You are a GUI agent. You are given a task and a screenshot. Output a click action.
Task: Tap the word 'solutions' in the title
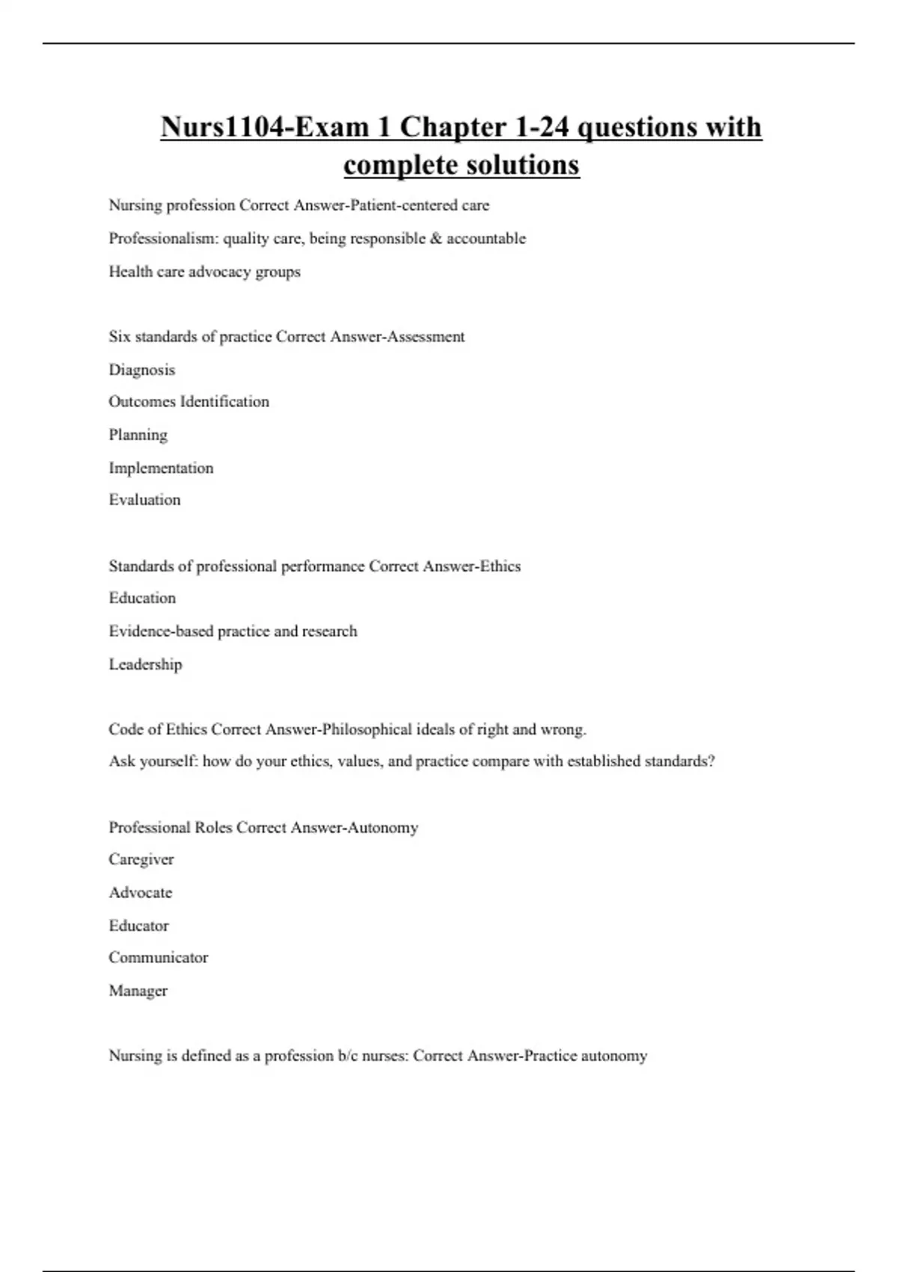click(525, 165)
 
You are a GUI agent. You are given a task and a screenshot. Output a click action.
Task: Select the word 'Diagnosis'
click(141, 370)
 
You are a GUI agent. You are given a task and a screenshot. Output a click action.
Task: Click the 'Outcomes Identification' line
click(189, 402)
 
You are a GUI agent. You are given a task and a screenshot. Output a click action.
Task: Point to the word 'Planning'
click(138, 435)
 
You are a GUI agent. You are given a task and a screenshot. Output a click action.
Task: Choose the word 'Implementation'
click(161, 468)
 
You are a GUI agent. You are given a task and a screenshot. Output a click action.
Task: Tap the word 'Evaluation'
click(144, 500)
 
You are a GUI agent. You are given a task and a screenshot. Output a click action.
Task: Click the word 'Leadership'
click(145, 664)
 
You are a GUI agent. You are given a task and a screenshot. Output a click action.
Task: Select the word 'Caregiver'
click(141, 860)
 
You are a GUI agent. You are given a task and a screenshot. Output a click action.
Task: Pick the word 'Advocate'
click(140, 893)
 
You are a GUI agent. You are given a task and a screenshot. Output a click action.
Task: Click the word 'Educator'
click(138, 926)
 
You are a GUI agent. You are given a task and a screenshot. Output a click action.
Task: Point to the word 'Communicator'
click(158, 958)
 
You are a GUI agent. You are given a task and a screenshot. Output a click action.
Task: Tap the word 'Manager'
click(138, 991)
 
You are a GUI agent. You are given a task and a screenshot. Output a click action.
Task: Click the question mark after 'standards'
click(711, 762)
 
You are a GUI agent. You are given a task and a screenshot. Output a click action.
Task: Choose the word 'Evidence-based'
click(160, 632)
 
